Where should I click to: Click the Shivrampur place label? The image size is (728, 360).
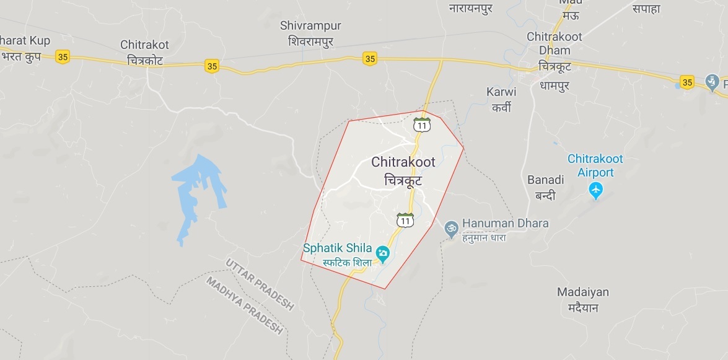pos(310,32)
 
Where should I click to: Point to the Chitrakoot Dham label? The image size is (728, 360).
pos(555,43)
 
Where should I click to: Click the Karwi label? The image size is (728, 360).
pos(501,98)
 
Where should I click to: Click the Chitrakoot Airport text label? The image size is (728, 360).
pos(595,165)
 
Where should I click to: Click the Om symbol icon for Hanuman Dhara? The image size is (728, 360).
pos(451,228)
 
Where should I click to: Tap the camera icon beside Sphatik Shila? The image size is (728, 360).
pos(383,252)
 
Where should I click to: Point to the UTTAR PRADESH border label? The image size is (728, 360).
pos(259,284)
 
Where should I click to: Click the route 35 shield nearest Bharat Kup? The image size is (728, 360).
pos(62,57)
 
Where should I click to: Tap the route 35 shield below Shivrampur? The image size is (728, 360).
pos(370,59)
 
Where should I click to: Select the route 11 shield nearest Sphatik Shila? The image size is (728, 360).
pos(405,220)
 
